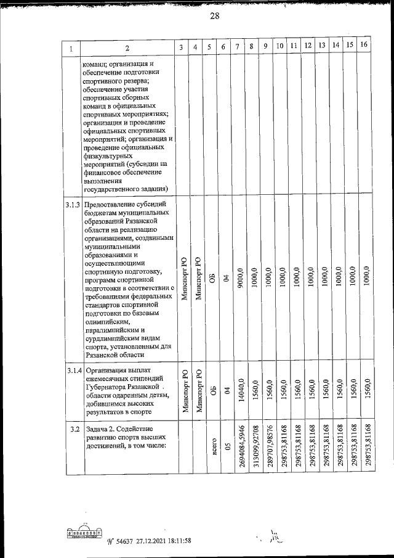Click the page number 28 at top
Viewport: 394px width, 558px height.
pos(214,17)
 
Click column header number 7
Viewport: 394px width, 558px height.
pos(238,47)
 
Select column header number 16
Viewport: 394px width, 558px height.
pos(364,46)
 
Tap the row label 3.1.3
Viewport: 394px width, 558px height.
pos(72,204)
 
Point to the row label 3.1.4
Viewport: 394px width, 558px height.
pos(72,370)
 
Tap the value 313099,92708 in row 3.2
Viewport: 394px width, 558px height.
pos(254,448)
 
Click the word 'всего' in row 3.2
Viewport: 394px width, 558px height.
pos(212,448)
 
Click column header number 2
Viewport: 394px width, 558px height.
pos(126,48)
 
